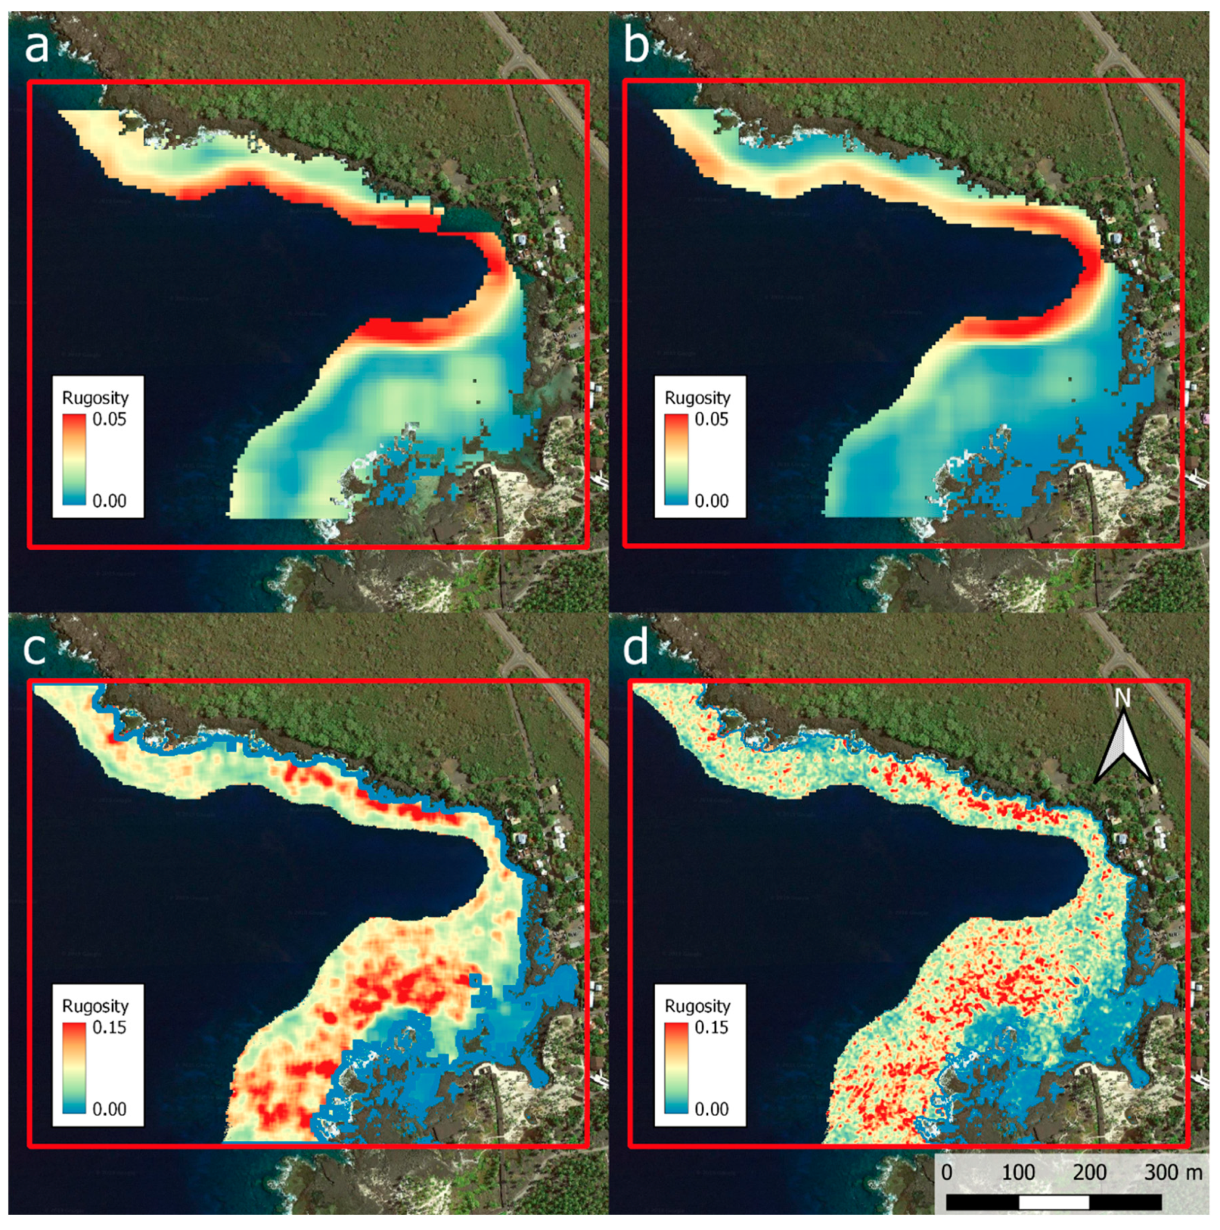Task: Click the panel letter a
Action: (36, 46)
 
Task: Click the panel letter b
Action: (636, 46)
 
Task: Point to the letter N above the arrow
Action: (1123, 698)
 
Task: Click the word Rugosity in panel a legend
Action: (95, 398)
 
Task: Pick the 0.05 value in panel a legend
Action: (110, 419)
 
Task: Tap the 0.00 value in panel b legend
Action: (711, 501)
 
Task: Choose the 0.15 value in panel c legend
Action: (110, 1027)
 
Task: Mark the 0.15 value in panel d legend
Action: (711, 1027)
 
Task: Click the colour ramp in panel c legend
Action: (74, 1068)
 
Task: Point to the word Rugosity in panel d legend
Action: (698, 1006)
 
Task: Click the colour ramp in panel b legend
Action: (676, 459)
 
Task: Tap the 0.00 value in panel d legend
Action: (711, 1109)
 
